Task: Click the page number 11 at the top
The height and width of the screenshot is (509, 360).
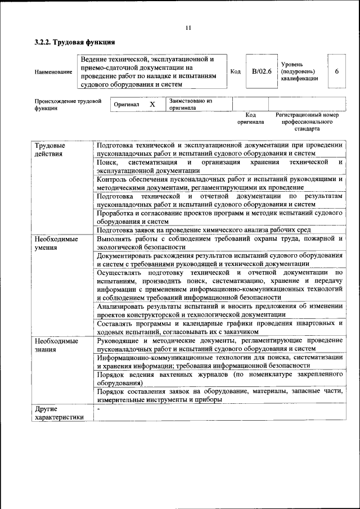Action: point(188,28)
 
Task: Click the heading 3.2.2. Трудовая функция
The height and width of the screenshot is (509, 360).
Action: point(75,42)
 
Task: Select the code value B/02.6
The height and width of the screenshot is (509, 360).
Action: point(262,71)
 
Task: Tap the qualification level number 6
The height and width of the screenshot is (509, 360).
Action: point(336,71)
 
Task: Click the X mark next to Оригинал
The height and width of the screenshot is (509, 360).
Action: point(152,105)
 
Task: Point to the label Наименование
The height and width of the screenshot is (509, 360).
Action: point(53,72)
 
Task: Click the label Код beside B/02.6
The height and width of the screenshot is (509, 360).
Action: point(236,71)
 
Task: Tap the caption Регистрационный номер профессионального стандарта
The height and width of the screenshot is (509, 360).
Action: point(307,121)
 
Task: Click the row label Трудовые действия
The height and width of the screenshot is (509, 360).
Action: point(48,150)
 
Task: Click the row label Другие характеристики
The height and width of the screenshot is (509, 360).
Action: point(58,413)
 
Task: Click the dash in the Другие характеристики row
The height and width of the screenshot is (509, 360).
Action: point(98,409)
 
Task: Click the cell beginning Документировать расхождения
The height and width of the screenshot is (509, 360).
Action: point(219,259)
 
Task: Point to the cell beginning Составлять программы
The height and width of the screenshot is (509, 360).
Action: point(219,327)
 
